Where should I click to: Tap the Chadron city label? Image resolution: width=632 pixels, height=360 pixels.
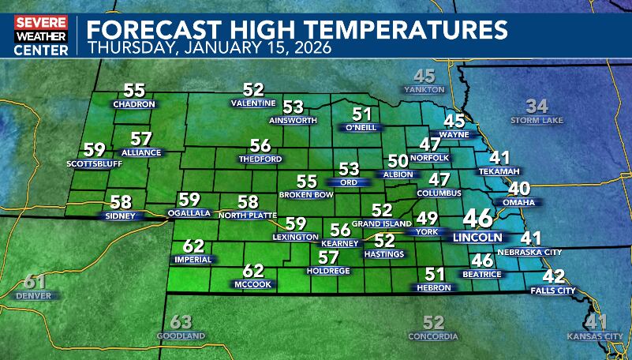[135, 104]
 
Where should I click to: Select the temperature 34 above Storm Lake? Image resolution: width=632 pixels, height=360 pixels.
[537, 106]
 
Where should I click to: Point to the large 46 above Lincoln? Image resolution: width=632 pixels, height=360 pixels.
[478, 218]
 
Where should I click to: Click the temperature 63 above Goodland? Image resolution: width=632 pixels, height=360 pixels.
[181, 322]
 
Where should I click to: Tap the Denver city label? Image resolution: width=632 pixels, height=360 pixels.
[33, 295]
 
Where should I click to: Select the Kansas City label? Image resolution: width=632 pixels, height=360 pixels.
[595, 336]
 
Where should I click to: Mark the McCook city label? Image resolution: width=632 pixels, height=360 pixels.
[253, 283]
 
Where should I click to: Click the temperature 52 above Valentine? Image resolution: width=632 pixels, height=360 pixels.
[253, 90]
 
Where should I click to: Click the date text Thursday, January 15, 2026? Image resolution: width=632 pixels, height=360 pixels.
[210, 47]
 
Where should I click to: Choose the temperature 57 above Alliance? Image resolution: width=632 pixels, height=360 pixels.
[141, 139]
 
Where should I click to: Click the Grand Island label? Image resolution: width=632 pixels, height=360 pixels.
[382, 224]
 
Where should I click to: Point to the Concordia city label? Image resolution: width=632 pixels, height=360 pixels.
[433, 336]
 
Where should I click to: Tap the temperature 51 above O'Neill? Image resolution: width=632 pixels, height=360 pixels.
[361, 114]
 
